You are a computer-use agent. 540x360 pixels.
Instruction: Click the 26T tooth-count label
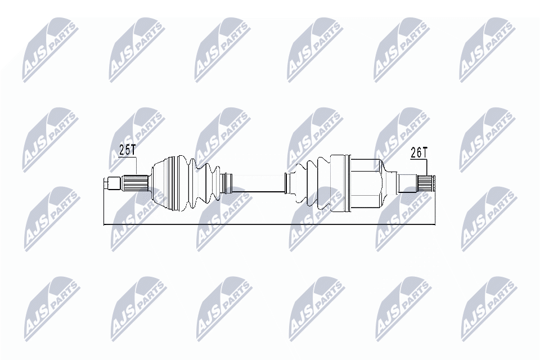click(x=418, y=152)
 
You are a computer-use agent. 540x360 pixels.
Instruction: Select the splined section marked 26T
click(x=425, y=183)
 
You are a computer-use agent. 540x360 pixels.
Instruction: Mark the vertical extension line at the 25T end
click(x=105, y=205)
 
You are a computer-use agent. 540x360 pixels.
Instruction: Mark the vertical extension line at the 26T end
click(x=436, y=205)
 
